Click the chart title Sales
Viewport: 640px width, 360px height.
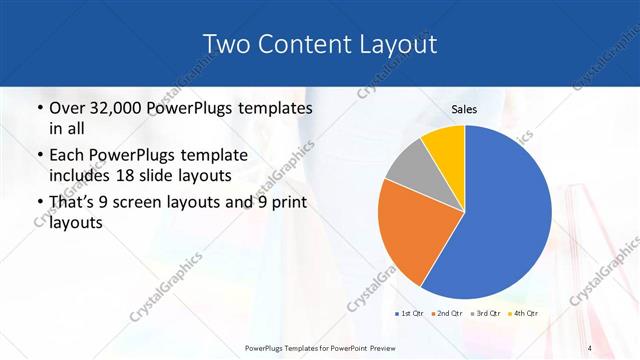tap(464, 109)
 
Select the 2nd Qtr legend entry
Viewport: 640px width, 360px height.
tap(448, 315)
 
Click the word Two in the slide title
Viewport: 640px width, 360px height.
tap(224, 44)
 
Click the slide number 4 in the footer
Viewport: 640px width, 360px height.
tap(591, 347)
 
